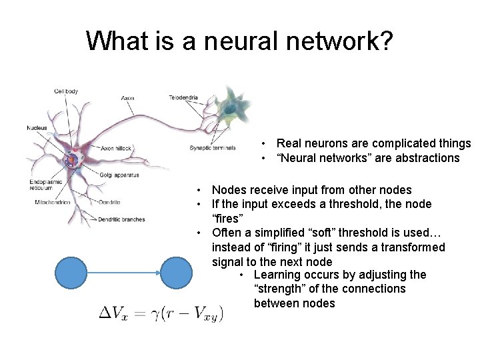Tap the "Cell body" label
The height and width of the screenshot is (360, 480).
coord(66,91)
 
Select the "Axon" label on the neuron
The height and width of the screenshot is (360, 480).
coord(127,98)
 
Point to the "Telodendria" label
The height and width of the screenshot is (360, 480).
coord(183,97)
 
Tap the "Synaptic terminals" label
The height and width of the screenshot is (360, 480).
coord(212,148)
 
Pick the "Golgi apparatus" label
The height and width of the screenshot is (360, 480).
coord(121,175)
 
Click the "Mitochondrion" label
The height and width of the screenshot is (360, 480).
coord(53,202)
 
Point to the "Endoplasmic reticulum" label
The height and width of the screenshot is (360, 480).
coord(46,185)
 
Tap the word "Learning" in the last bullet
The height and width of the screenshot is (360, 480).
coord(277,275)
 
